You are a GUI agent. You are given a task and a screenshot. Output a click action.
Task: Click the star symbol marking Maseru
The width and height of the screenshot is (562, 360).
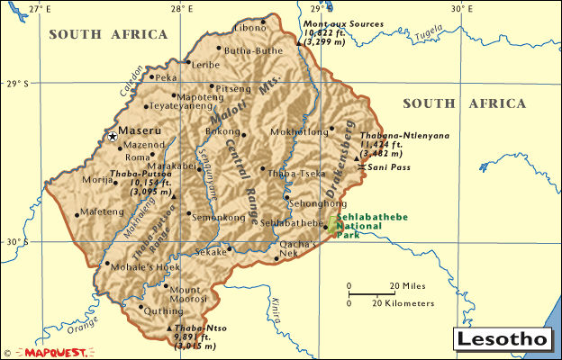(x=112, y=137)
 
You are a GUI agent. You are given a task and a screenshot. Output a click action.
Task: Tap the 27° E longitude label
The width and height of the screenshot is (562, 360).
(x=39, y=8)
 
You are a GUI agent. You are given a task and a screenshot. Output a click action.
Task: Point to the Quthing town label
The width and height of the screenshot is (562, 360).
(x=164, y=310)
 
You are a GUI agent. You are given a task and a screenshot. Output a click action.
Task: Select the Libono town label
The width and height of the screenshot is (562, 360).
(x=249, y=27)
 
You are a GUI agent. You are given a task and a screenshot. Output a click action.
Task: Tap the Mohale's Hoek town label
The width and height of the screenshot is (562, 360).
(x=142, y=267)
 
